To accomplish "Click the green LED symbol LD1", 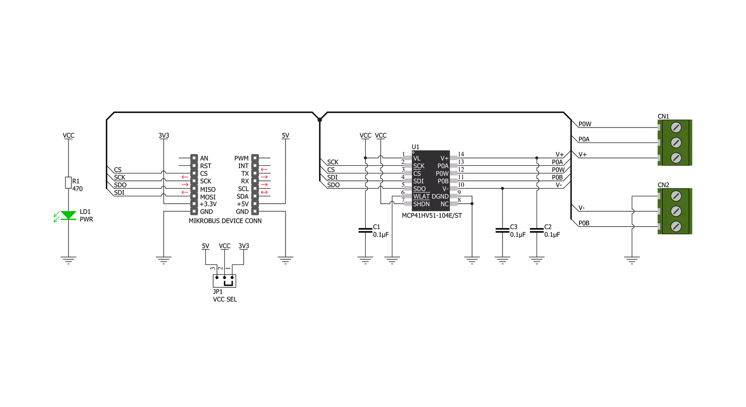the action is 68,215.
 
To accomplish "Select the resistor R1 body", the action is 68,183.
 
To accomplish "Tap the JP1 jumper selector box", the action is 224,281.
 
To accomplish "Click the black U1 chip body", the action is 431,180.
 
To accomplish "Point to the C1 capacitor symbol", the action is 365,230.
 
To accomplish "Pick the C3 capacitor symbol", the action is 502,230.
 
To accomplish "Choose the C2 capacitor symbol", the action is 537,230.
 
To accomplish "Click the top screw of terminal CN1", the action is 676,127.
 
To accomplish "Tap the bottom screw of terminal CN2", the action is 676,227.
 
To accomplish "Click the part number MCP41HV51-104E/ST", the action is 432,215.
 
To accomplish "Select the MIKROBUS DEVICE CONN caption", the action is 225,221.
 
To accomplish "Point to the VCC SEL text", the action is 225,299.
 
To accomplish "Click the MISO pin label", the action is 208,190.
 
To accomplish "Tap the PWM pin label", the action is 242,158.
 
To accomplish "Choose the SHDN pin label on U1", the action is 421,204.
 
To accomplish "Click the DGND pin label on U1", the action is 440,197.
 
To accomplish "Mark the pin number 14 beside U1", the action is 461,154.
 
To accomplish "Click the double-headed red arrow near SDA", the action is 264,192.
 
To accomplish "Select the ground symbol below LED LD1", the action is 68,260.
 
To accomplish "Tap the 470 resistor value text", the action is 77,189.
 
